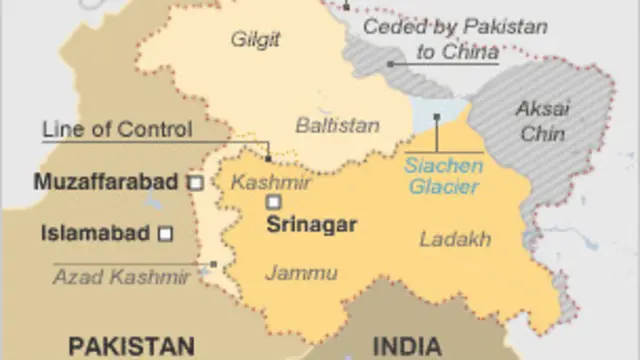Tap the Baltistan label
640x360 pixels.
click(337, 125)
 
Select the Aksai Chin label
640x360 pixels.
click(543, 120)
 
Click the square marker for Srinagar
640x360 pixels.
click(273, 202)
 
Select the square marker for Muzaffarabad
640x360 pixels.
click(197, 183)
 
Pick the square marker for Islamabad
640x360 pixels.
click(166, 234)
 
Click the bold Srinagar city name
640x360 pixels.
click(311, 225)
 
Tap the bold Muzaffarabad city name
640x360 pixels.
click(106, 183)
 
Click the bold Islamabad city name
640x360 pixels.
click(95, 234)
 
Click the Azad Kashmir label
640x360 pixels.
click(121, 277)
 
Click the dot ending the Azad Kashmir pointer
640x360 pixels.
click(214, 264)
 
